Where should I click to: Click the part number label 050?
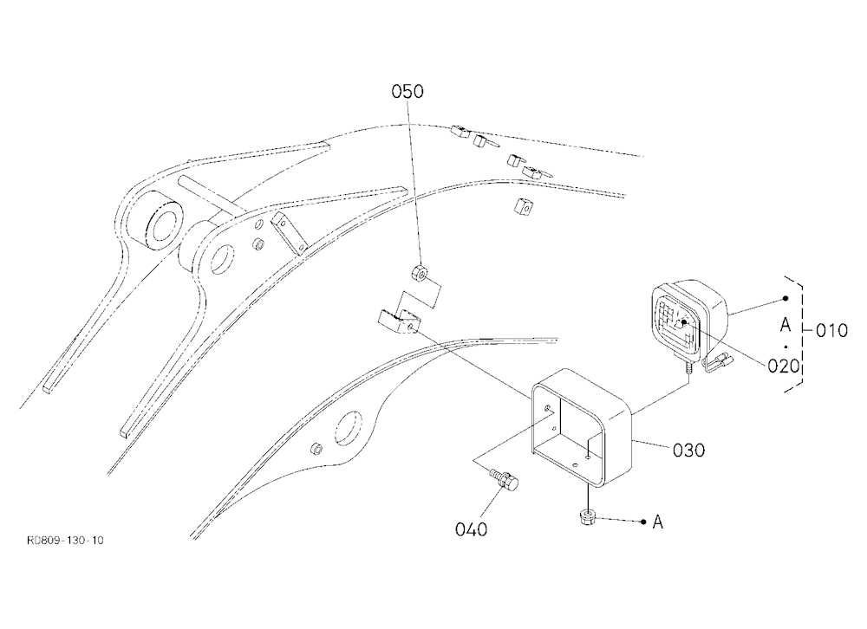[x=407, y=91]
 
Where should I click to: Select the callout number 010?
[x=831, y=331]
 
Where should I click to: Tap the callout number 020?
[x=784, y=366]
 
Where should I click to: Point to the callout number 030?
[x=689, y=451]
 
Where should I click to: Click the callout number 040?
[x=471, y=529]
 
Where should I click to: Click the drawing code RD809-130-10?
[x=65, y=540]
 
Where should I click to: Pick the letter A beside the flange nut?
[x=657, y=522]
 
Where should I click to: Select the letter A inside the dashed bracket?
[x=786, y=325]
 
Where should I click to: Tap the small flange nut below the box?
[x=587, y=518]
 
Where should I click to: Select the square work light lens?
[x=679, y=322]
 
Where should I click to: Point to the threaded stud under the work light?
[x=688, y=367]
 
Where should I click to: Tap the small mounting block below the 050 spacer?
[x=399, y=322]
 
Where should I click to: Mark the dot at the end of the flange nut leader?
[x=643, y=522]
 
